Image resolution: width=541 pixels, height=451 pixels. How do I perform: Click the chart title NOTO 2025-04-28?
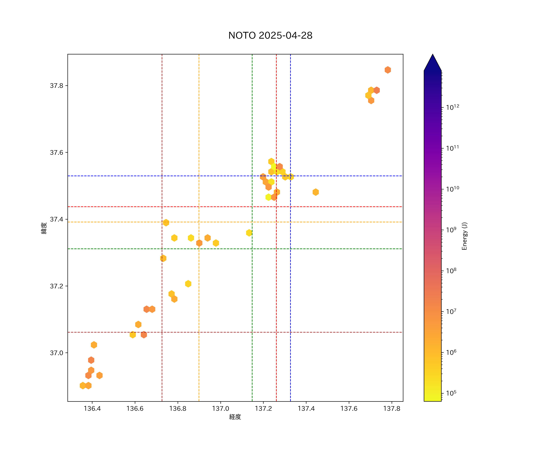270,36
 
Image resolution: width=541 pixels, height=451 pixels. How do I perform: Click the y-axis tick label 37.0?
56,353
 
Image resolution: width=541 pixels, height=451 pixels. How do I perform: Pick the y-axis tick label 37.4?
56,219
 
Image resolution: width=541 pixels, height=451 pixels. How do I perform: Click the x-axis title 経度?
235,417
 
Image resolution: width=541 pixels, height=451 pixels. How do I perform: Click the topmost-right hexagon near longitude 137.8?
388,70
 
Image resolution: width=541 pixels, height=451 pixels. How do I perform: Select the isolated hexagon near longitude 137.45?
316,192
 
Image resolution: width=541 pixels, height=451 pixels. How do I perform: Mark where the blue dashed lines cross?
290,176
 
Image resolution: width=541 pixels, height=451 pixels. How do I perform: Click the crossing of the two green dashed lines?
252,249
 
